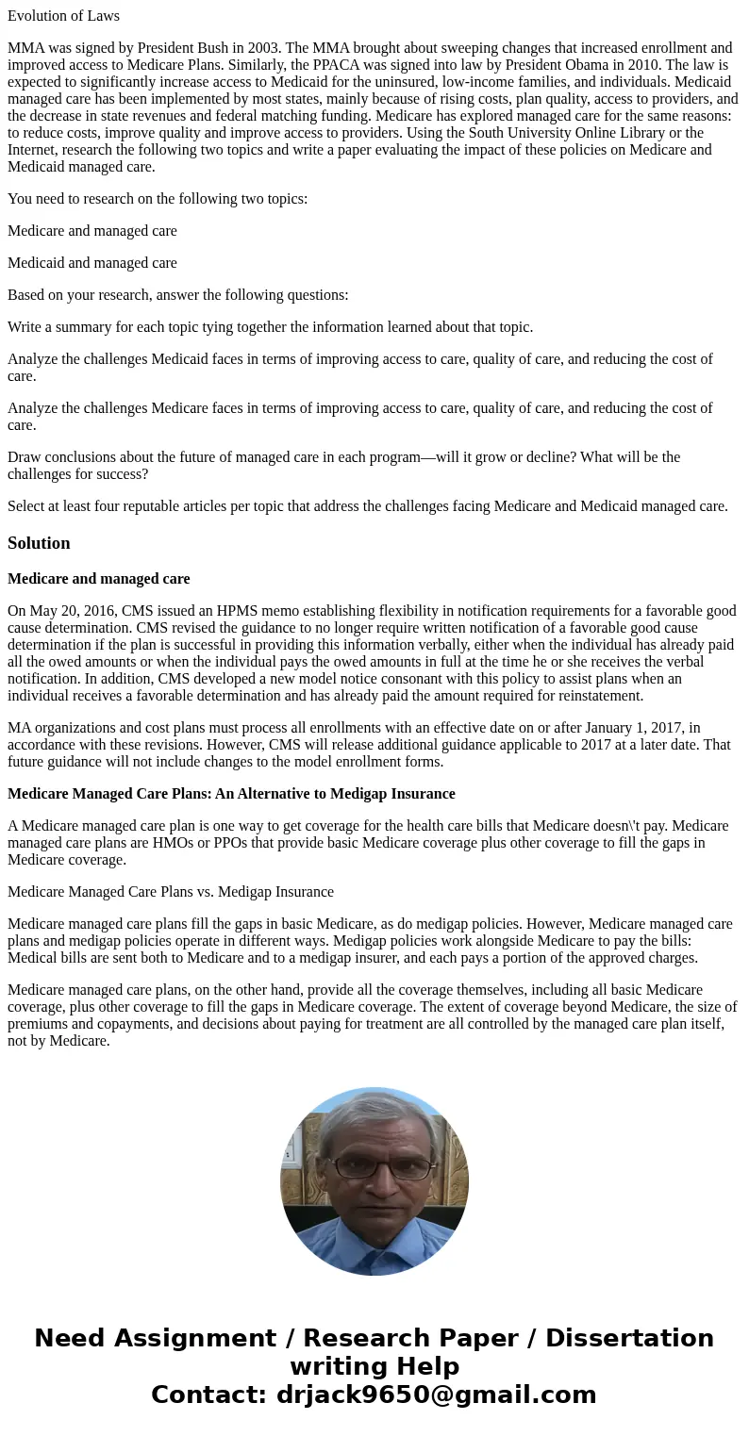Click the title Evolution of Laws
63,16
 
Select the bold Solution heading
39,543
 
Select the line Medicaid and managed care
92,263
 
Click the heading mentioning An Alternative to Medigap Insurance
231,794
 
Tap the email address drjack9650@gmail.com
436,1395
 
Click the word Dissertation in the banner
629,1338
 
